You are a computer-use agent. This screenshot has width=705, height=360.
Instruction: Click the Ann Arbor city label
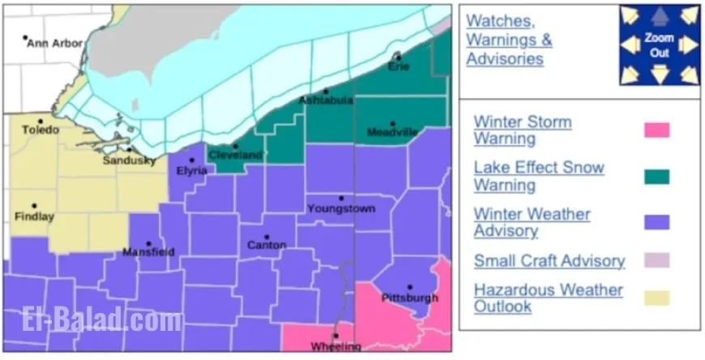(54, 43)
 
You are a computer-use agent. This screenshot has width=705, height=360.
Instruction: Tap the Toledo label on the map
(41, 130)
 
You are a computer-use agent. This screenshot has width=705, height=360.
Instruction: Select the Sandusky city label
(129, 161)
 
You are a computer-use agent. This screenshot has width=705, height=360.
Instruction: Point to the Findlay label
(35, 216)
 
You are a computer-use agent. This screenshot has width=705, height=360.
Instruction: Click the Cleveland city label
(235, 155)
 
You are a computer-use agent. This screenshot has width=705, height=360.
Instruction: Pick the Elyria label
(192, 170)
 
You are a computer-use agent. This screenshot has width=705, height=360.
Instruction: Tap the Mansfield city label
(148, 252)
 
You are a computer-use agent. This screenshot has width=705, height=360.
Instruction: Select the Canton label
(267, 245)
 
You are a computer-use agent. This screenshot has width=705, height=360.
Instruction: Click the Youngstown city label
(341, 208)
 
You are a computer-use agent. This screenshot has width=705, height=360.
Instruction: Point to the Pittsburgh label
(409, 298)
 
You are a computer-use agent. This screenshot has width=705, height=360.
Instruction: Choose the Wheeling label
(335, 346)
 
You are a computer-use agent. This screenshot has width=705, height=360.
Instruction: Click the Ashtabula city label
(326, 100)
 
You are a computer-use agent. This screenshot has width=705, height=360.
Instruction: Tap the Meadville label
(392, 131)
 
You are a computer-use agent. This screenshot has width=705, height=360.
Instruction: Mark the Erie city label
(398, 66)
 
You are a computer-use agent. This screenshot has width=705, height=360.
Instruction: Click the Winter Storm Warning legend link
(523, 130)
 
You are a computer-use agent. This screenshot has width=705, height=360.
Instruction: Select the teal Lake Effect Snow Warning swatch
(656, 176)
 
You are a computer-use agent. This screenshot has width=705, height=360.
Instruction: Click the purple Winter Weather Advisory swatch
(656, 222)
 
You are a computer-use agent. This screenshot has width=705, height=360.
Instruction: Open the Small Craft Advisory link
(549, 261)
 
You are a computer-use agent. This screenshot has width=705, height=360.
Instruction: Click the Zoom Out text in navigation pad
(659, 44)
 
